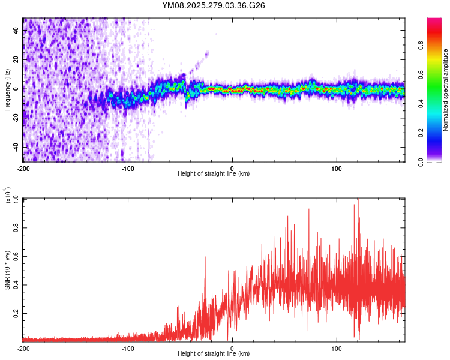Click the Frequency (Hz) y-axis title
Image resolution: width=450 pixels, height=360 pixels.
pyautogui.click(x=8, y=89)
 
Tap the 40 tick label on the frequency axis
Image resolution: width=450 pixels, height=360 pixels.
pyautogui.click(x=16, y=31)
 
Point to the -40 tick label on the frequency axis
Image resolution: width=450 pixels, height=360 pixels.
pyautogui.click(x=14, y=147)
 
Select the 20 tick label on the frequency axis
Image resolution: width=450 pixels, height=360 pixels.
pyautogui.click(x=16, y=60)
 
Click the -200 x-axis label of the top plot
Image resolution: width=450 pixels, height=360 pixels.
pyautogui.click(x=23, y=167)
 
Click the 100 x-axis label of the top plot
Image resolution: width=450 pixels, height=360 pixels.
pyautogui.click(x=337, y=167)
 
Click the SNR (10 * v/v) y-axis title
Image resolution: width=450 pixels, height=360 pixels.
pyautogui.click(x=8, y=269)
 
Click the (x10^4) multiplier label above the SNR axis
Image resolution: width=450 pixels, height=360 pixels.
pyautogui.click(x=8, y=196)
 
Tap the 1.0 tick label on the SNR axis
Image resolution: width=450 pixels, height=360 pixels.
pyautogui.click(x=16, y=199)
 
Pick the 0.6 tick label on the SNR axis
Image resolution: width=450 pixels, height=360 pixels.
pyautogui.click(x=16, y=256)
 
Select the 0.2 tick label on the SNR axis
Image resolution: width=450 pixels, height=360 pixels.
pyautogui.click(x=16, y=313)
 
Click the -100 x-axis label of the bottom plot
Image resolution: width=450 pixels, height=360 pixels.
pyautogui.click(x=128, y=348)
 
